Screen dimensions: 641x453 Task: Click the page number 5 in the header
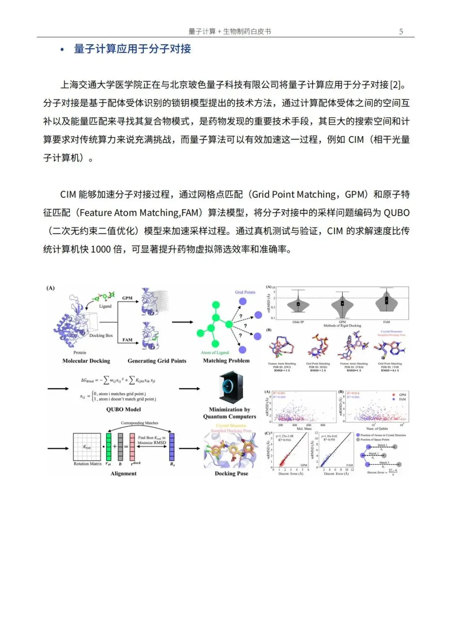point(401,32)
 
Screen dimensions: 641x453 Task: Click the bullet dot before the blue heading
point(62,50)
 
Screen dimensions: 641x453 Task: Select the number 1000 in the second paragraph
point(101,249)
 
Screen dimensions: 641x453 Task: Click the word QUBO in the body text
point(397,213)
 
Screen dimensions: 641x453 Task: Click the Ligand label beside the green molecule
point(105,306)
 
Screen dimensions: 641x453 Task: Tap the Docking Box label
point(101,335)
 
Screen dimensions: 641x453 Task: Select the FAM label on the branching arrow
point(127,340)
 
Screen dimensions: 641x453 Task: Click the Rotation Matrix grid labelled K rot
point(87,447)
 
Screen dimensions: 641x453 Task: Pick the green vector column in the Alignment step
point(109,447)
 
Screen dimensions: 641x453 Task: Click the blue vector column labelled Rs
point(172,447)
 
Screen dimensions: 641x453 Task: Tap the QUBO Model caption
point(123,409)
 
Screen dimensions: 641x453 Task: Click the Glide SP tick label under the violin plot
point(298,322)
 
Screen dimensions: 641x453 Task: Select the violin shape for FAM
point(387,301)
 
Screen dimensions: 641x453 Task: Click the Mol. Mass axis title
point(304,429)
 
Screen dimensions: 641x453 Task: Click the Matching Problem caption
point(226,361)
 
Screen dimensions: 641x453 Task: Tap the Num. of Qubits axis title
point(377,429)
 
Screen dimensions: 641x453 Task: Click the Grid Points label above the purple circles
point(245,292)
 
